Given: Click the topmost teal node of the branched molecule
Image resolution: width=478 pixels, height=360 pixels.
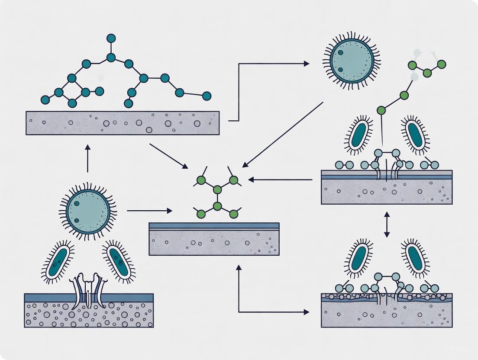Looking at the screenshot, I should click(x=111, y=38).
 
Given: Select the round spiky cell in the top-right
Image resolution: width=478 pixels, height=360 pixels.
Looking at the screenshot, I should click(x=351, y=61).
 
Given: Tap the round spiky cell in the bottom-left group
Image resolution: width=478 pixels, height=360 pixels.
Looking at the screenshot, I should click(x=87, y=211).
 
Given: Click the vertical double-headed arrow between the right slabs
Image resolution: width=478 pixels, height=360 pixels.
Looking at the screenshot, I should click(x=387, y=224).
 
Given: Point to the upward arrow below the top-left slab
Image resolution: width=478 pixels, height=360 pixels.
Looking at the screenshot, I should click(x=88, y=158).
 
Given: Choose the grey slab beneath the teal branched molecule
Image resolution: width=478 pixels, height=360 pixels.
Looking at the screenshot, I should click(x=123, y=123).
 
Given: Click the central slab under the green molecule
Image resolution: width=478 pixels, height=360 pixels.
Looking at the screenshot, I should click(x=214, y=240).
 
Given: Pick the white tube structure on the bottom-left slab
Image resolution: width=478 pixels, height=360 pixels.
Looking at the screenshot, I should click(x=88, y=289).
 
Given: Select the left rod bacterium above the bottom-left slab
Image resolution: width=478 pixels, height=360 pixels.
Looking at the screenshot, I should click(x=58, y=262).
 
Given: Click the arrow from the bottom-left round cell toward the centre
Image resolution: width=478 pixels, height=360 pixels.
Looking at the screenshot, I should click(x=149, y=211).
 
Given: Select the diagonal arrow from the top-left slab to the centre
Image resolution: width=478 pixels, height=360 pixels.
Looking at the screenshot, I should click(x=168, y=156).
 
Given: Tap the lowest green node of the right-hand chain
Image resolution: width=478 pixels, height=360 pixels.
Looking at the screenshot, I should click(x=381, y=110).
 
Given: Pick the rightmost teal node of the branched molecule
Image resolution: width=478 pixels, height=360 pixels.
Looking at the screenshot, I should click(x=207, y=96).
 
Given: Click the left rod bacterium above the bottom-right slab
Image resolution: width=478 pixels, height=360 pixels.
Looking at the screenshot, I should click(x=358, y=258).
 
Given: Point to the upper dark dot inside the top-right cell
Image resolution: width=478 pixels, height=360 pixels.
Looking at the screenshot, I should click(x=340, y=53).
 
